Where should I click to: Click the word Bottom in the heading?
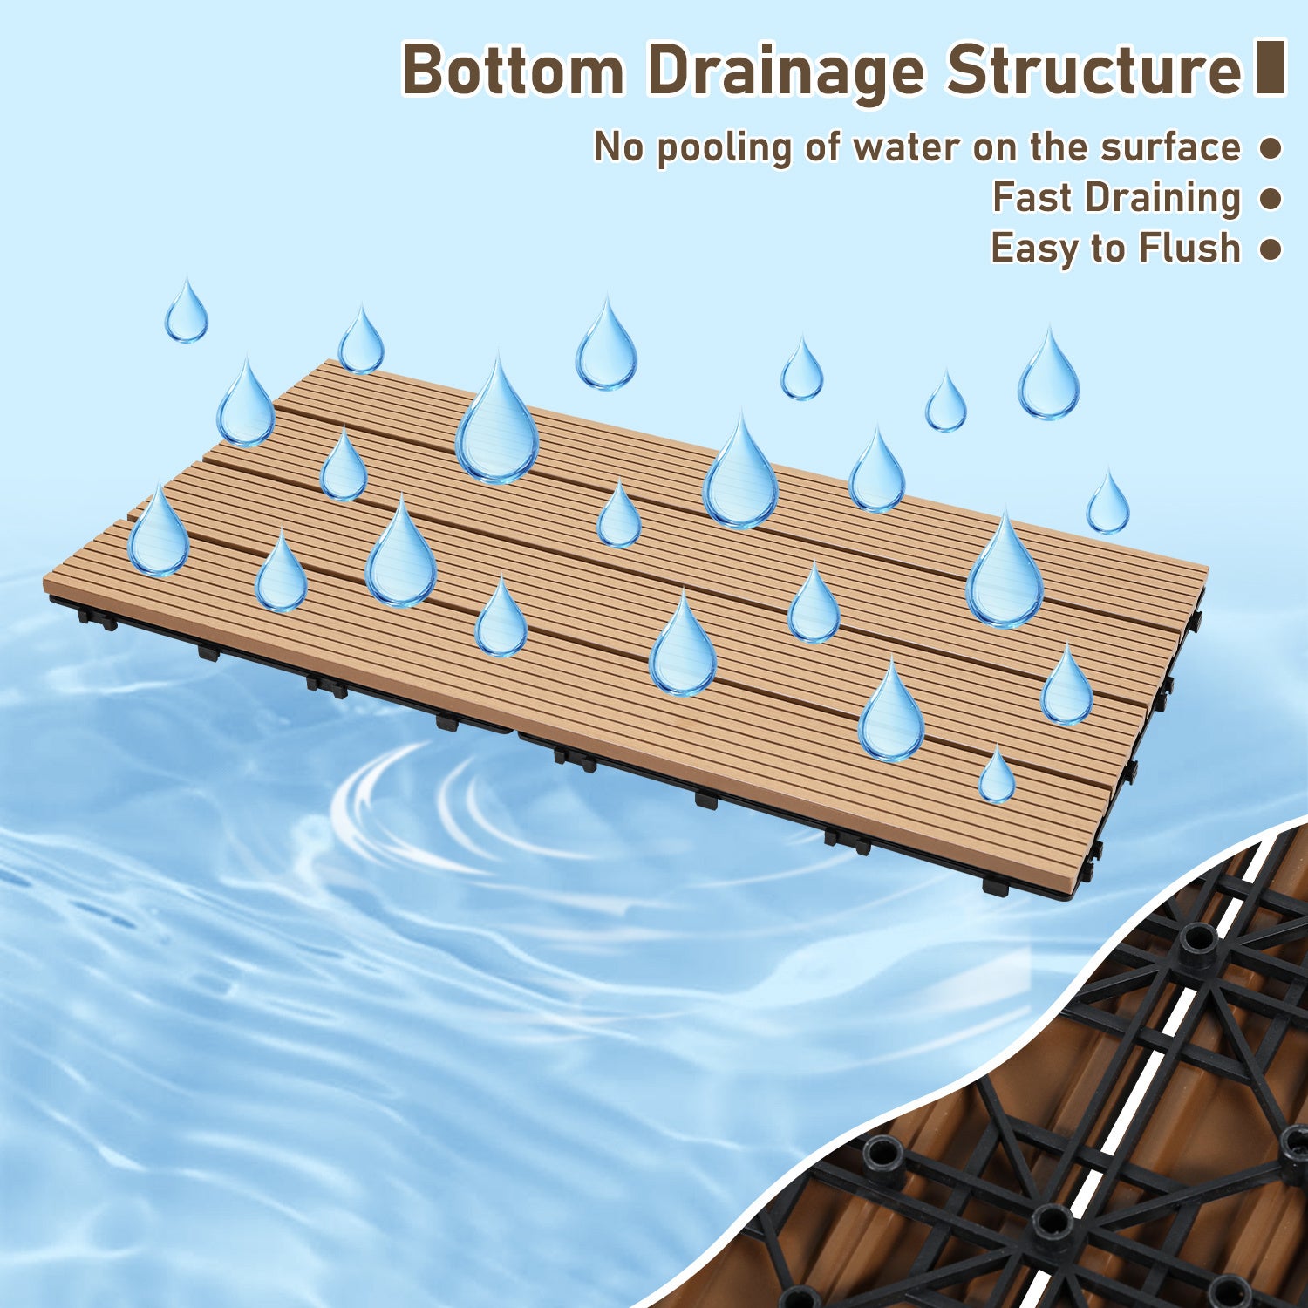(514, 70)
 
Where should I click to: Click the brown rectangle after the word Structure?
(1271, 66)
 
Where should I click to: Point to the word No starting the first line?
(618, 146)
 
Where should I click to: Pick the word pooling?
(724, 149)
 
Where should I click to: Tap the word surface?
(1170, 146)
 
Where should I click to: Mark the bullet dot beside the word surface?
(1271, 148)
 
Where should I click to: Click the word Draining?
(1162, 200)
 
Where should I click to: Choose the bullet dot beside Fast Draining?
(1271, 199)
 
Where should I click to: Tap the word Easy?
(1035, 249)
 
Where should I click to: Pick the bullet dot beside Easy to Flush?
(1271, 249)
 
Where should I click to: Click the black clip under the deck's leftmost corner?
(96, 620)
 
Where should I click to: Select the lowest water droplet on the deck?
(997, 774)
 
